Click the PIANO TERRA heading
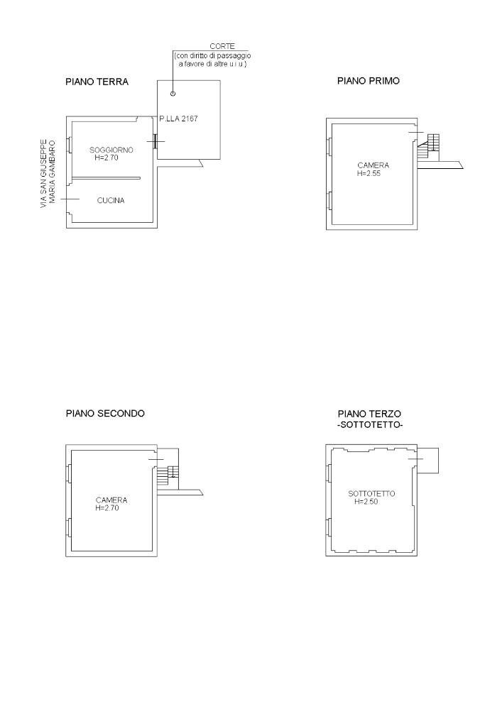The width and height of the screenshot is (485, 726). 97,82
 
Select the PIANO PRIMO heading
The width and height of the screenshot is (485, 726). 369,81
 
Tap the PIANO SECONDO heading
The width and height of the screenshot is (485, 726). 105,413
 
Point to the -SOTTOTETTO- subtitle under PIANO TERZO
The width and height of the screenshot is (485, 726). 370,425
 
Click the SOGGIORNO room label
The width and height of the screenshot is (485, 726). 111,150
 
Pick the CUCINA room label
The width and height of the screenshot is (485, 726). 111,200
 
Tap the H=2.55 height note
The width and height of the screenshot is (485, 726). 369,174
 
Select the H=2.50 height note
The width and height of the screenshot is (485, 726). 366,502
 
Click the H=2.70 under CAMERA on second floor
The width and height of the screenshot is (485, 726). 107,508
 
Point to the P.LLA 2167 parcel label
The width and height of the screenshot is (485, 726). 178,119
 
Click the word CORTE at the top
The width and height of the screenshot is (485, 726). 222,46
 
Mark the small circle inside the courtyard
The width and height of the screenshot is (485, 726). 173,94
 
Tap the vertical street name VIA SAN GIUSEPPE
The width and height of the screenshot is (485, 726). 43,173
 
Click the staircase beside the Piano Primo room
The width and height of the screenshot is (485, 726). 429,147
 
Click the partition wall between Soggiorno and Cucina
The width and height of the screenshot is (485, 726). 106,178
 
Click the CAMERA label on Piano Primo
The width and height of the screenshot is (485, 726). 373,165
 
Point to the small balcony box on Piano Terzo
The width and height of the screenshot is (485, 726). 427,461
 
